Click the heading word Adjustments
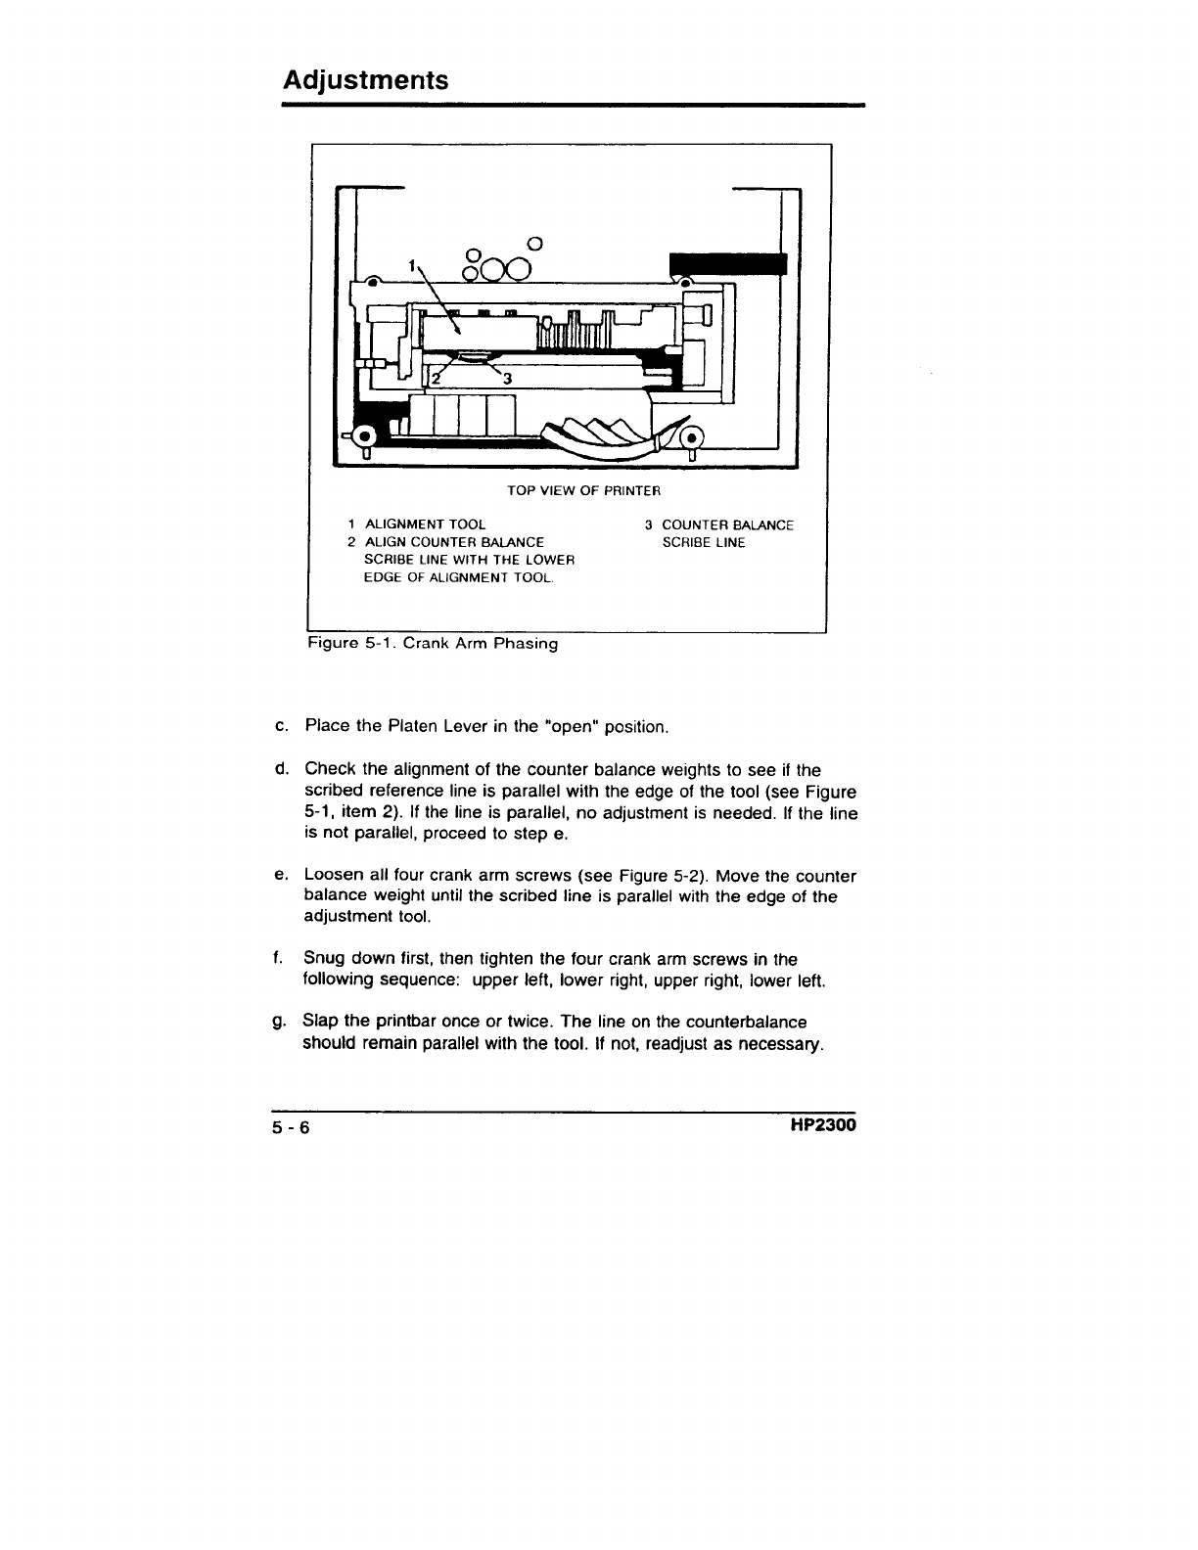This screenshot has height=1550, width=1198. pos(365,79)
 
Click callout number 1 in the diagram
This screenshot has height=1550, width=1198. pos(413,265)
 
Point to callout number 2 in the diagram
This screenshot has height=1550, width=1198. pos(438,381)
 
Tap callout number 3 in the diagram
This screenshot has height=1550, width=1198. pos(507,379)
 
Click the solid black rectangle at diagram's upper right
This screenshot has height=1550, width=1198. pos(727,264)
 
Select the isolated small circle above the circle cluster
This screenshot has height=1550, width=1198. pos(534,243)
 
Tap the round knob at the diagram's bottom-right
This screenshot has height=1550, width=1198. pos(691,437)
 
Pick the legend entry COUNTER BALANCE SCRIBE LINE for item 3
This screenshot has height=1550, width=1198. pos(727,533)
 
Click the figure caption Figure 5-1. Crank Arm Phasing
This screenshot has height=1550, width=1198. pos(433,644)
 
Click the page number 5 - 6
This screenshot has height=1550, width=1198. pos(291,1127)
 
